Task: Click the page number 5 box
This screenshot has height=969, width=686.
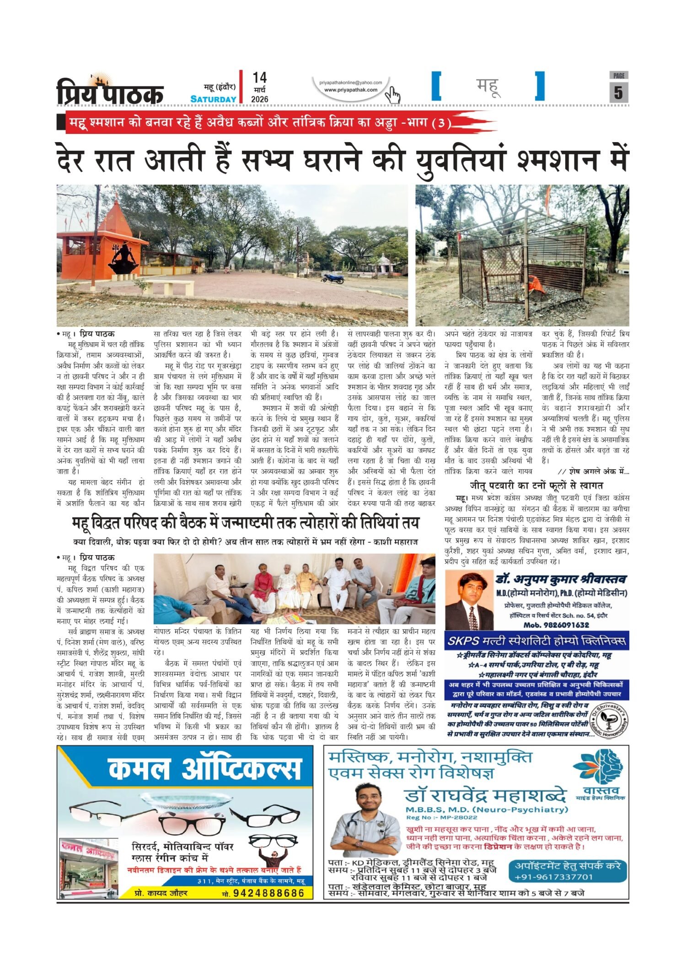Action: [618, 92]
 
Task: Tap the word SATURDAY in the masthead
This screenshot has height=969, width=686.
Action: [213, 99]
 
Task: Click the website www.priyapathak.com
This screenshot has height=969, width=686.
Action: [351, 90]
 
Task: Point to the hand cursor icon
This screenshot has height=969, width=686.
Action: [392, 95]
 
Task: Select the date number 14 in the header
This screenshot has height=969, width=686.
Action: [259, 78]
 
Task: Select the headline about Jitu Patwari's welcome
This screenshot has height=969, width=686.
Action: [536, 485]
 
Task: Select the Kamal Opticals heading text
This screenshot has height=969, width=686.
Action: [205, 769]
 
